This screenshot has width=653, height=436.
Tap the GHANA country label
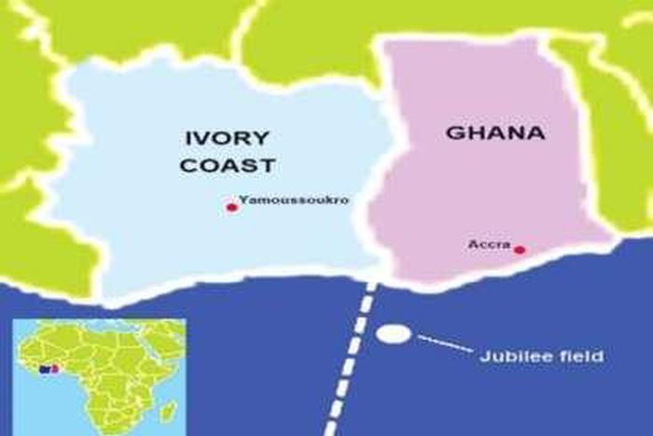pyautogui.click(x=494, y=133)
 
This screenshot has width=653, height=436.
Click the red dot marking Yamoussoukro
pyautogui.click(x=231, y=207)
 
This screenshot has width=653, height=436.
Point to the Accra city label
pyautogui.click(x=489, y=244)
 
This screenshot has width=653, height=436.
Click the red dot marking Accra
pyautogui.click(x=520, y=249)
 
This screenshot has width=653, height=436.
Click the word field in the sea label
pyautogui.click(x=586, y=356)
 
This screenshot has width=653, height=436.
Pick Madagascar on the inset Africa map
pyautogui.click(x=168, y=409)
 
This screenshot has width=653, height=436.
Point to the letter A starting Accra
pyautogui.click(x=473, y=244)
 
